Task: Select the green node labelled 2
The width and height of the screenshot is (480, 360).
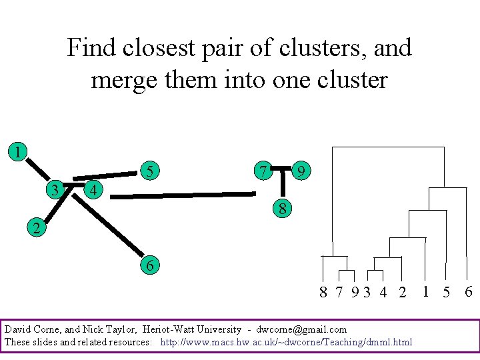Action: [37, 228]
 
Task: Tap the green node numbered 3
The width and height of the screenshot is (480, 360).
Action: [58, 190]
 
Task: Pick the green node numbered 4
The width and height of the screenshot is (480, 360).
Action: [94, 190]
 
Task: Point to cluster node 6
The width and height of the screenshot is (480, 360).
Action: [150, 265]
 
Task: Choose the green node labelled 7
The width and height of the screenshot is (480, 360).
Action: [264, 172]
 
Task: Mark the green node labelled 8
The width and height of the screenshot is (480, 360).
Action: [283, 209]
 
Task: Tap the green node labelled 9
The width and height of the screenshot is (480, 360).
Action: [301, 172]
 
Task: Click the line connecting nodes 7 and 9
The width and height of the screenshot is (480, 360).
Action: [283, 167]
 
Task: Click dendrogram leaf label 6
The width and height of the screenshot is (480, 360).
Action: [468, 291]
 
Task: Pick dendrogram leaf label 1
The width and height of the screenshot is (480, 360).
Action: [426, 291]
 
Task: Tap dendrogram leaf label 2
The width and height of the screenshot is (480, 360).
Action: [402, 293]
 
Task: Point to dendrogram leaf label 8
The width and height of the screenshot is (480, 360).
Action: [323, 293]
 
